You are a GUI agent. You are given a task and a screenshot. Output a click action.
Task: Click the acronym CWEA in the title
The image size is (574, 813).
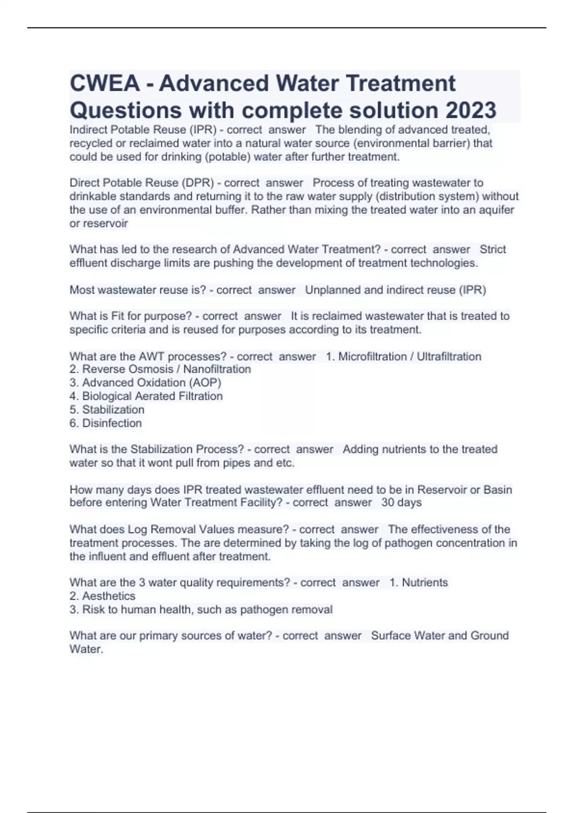(x=105, y=84)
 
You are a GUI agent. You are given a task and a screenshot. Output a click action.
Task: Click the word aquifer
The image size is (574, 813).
(x=494, y=210)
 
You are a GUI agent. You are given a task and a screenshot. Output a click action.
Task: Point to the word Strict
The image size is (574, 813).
(x=493, y=249)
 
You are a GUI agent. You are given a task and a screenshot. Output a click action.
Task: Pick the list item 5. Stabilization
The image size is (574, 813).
(x=107, y=409)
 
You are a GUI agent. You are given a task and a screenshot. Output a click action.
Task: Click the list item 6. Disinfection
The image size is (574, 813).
(x=106, y=423)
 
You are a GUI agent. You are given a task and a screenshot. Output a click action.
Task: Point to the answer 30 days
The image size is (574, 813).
(x=401, y=503)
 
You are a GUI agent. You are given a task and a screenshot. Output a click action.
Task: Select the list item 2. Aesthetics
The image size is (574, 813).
(x=102, y=596)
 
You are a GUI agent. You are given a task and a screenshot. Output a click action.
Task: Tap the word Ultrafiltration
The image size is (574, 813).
(x=449, y=356)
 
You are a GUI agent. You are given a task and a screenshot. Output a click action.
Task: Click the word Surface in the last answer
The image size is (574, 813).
(x=390, y=636)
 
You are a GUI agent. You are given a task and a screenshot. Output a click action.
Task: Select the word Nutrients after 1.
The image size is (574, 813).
(x=425, y=582)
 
